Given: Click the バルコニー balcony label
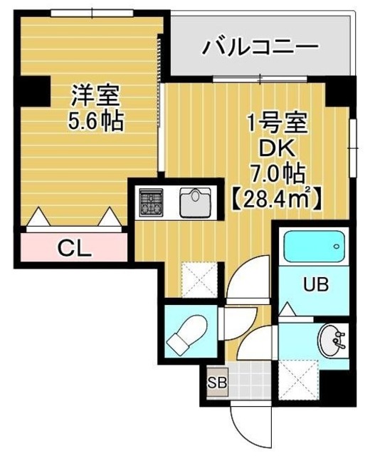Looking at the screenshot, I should (x=259, y=48).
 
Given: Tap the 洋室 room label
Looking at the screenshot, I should (x=95, y=95).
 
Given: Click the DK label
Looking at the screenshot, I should (x=278, y=148).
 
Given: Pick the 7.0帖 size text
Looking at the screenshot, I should (x=277, y=172).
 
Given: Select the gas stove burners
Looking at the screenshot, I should (x=150, y=202).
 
